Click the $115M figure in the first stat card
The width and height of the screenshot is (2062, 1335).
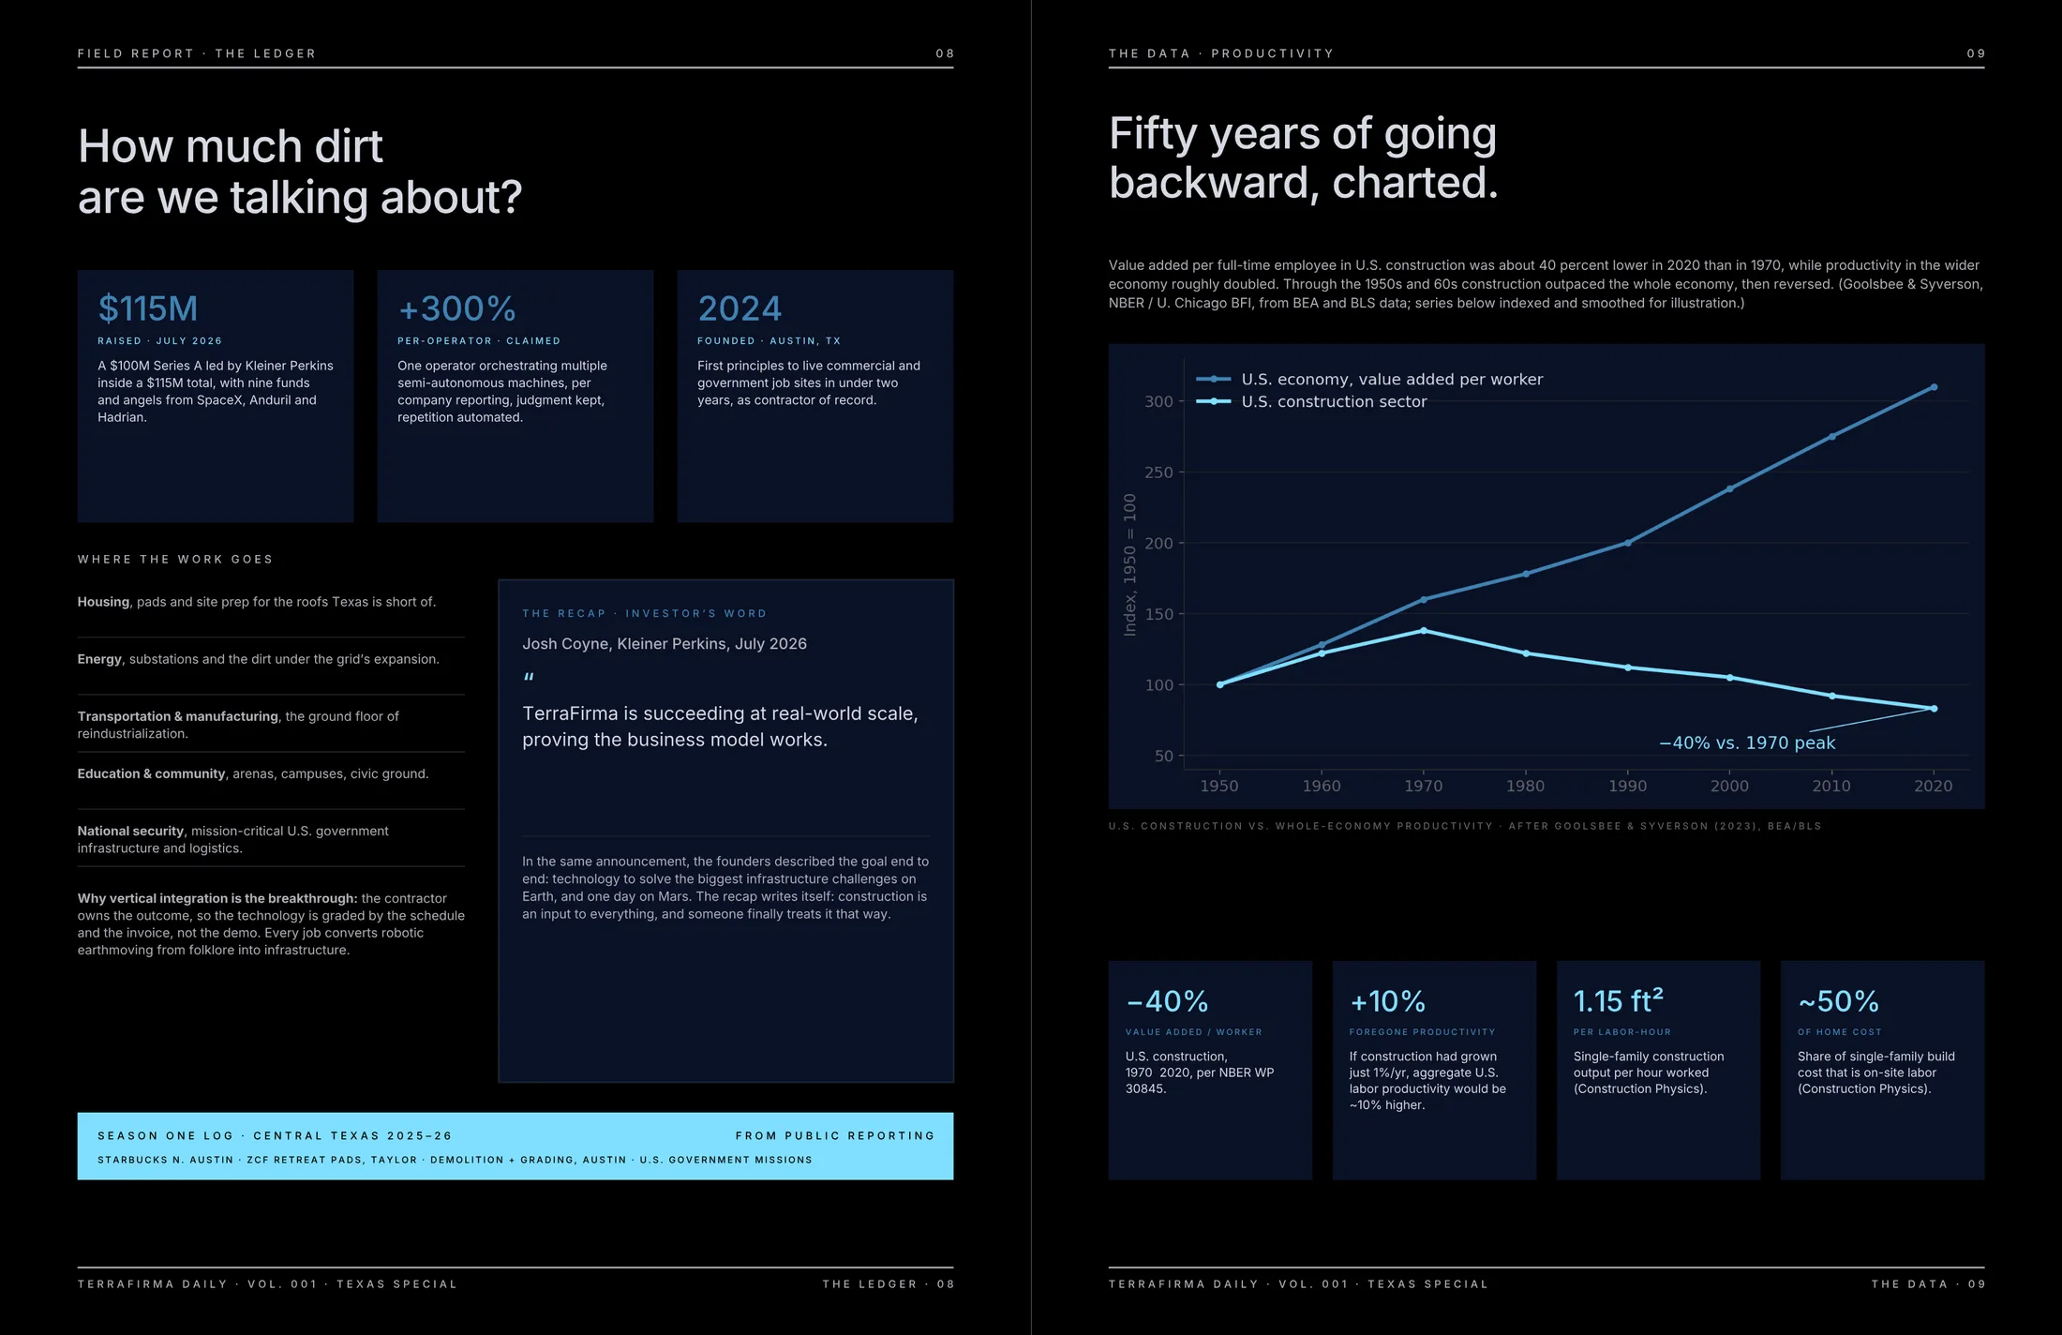(x=148, y=308)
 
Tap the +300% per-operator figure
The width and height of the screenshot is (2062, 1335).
(x=456, y=308)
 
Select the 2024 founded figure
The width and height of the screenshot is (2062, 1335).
(x=740, y=308)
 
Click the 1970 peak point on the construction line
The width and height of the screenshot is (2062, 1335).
(x=1424, y=631)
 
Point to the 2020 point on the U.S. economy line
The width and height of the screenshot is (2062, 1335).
(x=1934, y=387)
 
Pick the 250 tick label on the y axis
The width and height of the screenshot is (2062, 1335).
(x=1158, y=472)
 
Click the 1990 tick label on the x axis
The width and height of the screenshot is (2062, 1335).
(x=1627, y=786)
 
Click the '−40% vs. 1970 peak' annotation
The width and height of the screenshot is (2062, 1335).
(x=1747, y=742)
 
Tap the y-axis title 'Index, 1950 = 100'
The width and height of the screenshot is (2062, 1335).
(x=1129, y=564)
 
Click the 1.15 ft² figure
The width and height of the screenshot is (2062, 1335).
(x=1619, y=1000)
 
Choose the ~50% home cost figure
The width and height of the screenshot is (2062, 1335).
(x=1838, y=1001)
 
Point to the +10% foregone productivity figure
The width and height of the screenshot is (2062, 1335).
(x=1387, y=1001)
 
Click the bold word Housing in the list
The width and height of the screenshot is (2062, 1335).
(x=103, y=602)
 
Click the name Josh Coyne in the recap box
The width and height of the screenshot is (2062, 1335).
(x=565, y=644)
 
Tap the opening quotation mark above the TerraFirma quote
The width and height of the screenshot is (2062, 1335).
(x=529, y=678)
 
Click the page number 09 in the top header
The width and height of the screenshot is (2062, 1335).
(x=1976, y=53)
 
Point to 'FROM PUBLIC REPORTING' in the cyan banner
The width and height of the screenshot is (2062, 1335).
(x=834, y=1135)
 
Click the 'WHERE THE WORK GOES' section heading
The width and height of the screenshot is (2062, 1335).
(x=175, y=560)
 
